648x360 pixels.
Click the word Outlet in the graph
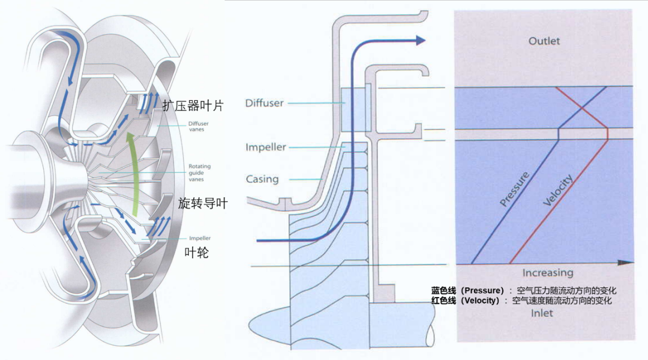544,41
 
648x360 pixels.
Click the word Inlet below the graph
542,313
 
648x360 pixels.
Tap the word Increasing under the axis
548,273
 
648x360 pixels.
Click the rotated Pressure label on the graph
514,189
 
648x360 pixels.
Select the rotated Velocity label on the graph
558,190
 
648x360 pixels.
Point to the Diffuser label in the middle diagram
265,103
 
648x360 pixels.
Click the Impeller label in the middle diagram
266,147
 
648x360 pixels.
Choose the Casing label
262,179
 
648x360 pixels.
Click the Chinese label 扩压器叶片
193,106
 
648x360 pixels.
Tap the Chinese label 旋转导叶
203,203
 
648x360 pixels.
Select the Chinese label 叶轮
196,252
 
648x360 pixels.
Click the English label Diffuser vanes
199,127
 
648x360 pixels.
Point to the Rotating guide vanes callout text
200,173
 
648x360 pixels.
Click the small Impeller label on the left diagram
200,238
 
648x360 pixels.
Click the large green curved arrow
133,173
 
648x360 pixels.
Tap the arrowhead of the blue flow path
421,40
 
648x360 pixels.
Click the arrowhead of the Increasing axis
625,262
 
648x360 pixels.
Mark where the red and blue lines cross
582,108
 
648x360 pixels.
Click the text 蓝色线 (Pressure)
467,290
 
